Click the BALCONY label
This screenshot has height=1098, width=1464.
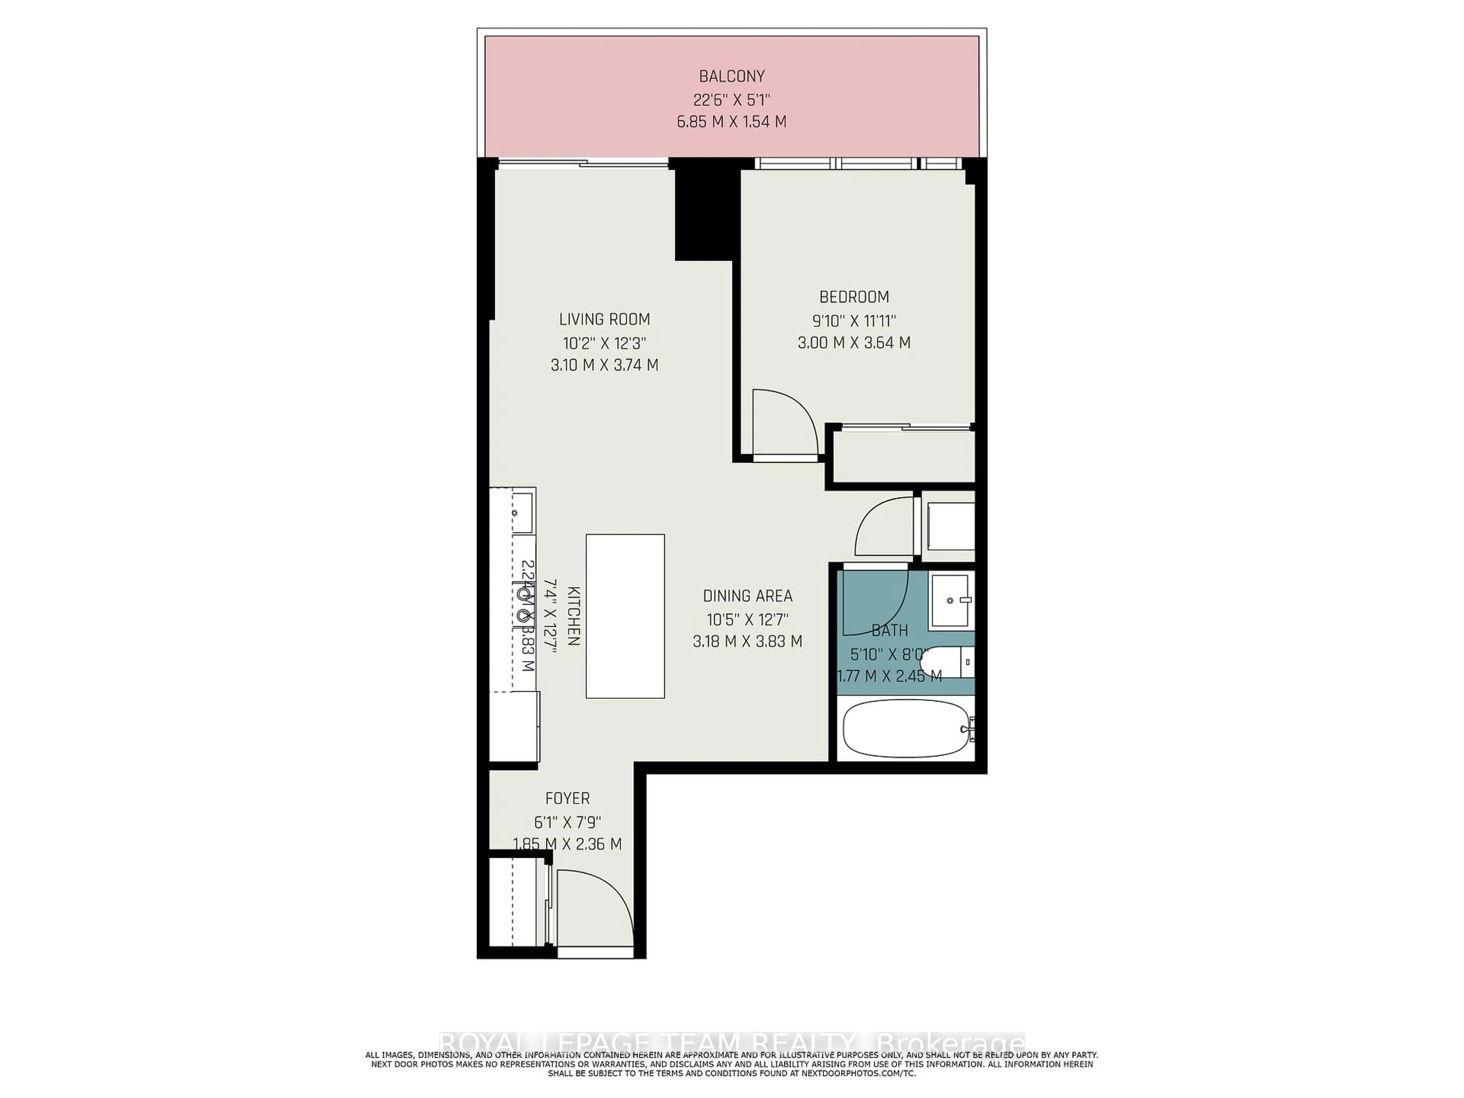point(731,76)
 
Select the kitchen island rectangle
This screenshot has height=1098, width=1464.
point(625,615)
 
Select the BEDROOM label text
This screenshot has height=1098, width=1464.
point(854,297)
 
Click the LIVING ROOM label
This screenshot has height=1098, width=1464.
point(604,319)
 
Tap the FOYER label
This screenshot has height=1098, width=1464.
point(567,799)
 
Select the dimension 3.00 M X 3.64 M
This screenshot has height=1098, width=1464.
point(854,343)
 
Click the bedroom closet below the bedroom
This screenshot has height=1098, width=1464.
point(903,457)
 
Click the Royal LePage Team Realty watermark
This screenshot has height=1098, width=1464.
point(731,1044)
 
